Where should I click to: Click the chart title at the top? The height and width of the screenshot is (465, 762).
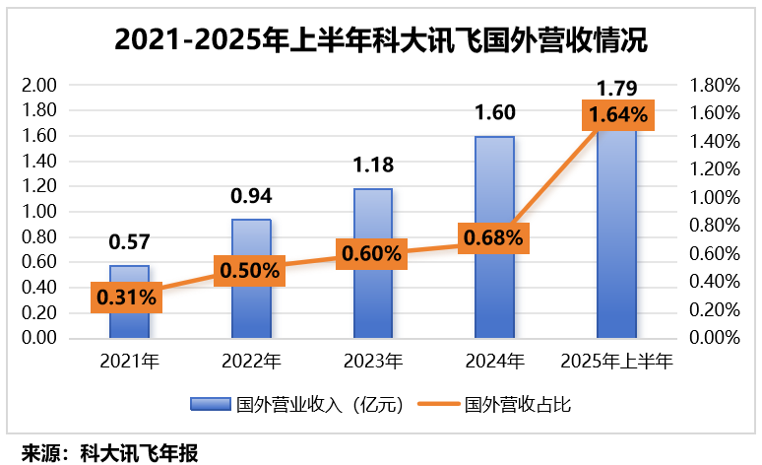click(381, 41)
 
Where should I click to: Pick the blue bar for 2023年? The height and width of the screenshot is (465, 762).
click(373, 296)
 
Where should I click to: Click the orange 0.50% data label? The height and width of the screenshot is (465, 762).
click(250, 269)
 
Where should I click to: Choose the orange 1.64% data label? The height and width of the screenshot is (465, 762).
click(618, 115)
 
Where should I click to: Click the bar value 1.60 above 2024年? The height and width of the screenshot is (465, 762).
click(495, 112)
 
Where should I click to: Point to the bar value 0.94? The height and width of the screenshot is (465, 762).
click(251, 196)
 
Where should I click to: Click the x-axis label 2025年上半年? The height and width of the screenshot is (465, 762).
click(617, 361)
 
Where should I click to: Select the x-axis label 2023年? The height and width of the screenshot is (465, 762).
click(373, 361)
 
